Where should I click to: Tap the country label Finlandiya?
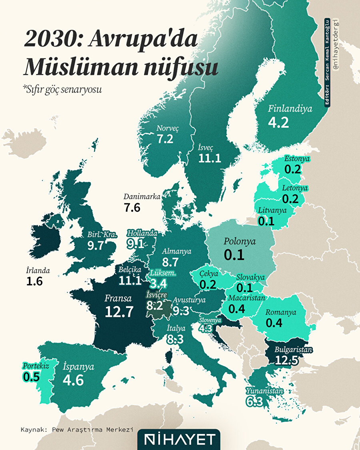[290, 108]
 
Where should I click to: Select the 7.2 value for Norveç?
[165, 139]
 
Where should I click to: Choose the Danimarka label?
[142, 197]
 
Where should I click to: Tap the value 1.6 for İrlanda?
[34, 282]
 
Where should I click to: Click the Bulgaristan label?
[293, 350]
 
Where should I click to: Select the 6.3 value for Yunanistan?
[254, 402]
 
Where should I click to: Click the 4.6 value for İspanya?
[73, 380]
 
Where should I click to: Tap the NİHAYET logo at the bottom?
[178, 440]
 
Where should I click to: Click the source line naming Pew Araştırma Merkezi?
[77, 430]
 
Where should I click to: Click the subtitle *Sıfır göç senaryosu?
[62, 90]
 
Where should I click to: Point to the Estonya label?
[297, 159]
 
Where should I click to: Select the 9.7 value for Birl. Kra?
[95, 245]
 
